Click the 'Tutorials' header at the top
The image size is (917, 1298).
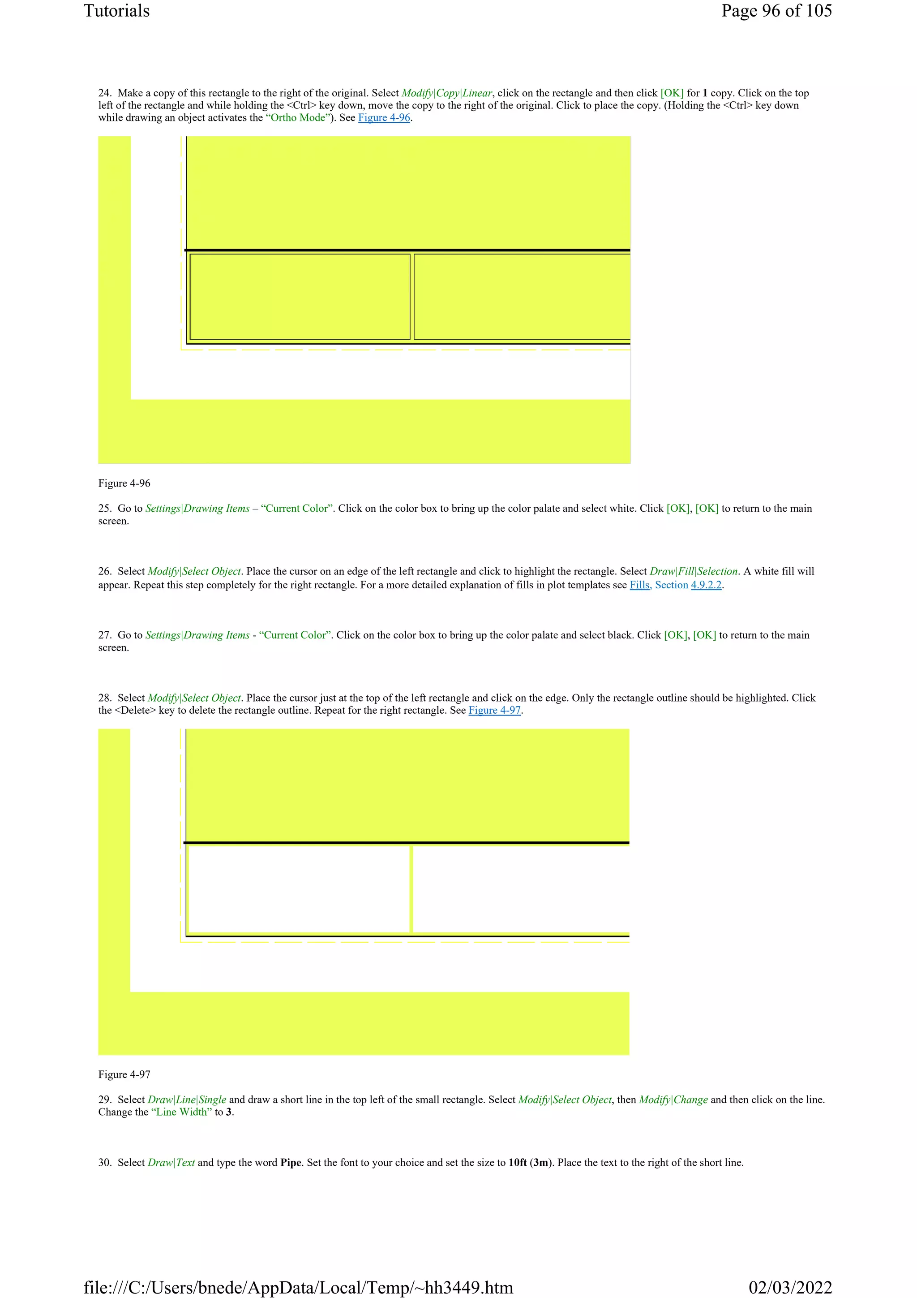[116, 11]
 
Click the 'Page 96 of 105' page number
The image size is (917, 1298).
[776, 11]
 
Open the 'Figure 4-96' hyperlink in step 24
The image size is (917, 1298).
[384, 117]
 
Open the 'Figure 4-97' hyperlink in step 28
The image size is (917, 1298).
[494, 711]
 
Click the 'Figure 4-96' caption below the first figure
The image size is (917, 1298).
[124, 483]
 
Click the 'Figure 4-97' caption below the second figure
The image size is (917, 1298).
[124, 1075]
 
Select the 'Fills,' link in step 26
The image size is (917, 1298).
[641, 585]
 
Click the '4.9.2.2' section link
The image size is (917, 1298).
[706, 585]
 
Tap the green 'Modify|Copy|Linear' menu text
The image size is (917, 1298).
[446, 93]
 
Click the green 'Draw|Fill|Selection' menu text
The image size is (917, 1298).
[693, 572]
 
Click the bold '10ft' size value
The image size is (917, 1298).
[517, 1163]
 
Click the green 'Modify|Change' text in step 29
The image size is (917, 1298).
[673, 1100]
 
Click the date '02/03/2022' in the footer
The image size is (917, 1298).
[790, 1287]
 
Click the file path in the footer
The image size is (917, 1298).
[298, 1287]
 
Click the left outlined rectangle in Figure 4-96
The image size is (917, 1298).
[300, 297]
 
